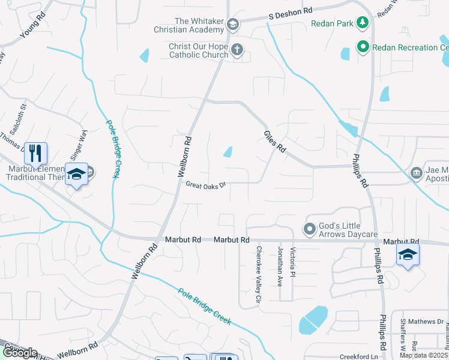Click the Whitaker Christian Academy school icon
point(233,25)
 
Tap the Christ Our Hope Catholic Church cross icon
point(237,50)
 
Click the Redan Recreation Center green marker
point(363,46)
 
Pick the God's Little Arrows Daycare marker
point(309,229)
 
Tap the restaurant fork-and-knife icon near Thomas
point(36,154)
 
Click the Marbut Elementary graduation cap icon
point(76,174)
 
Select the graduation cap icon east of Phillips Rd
point(407,254)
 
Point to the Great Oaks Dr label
point(205,185)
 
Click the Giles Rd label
point(274,142)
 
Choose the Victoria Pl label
point(293,262)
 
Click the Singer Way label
point(79,144)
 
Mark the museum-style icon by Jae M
point(416,173)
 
